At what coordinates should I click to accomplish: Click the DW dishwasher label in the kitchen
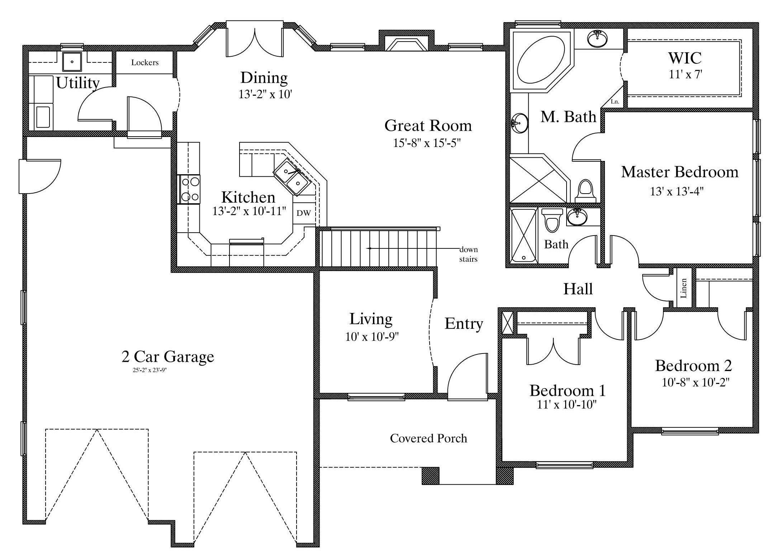(x=303, y=213)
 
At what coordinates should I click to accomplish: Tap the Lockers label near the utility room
(x=145, y=62)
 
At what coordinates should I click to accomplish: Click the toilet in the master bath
(x=585, y=191)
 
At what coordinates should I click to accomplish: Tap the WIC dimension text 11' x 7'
(x=685, y=74)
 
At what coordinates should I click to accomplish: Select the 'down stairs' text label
(x=469, y=254)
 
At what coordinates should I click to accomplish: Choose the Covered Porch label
(x=429, y=438)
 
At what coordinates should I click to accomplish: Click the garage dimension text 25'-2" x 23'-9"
(x=150, y=370)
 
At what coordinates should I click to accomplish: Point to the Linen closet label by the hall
(x=683, y=288)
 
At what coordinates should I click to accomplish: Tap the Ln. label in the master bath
(x=615, y=101)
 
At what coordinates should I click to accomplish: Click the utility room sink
(x=72, y=61)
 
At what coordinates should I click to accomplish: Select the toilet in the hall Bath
(x=552, y=220)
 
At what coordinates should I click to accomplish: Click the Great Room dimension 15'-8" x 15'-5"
(x=427, y=143)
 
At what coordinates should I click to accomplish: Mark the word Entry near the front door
(x=464, y=324)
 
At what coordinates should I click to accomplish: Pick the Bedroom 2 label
(x=694, y=366)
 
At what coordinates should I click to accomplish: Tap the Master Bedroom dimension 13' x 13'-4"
(x=677, y=192)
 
